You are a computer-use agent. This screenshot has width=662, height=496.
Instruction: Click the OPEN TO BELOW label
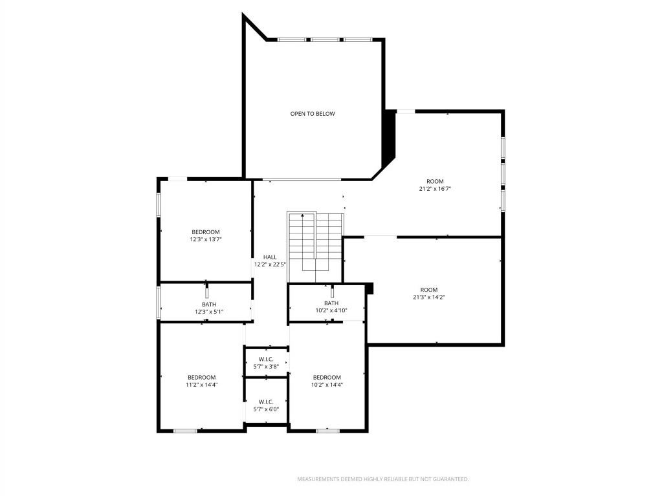tap(313, 114)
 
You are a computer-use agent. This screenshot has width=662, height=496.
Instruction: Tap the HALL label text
tap(270, 257)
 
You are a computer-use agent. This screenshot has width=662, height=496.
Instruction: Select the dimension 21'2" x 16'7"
tap(435, 189)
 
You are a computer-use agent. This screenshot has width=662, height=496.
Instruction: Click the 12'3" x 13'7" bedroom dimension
tap(205, 239)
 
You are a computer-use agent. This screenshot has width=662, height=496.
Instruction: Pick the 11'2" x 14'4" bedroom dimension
tap(202, 385)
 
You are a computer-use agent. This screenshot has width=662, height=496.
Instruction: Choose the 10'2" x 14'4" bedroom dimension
tap(327, 385)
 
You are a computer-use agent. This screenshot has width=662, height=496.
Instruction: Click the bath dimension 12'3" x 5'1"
tap(209, 312)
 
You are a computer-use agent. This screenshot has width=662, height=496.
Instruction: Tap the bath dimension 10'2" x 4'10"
tap(331, 310)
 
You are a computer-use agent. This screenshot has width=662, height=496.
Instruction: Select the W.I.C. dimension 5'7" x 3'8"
tap(266, 367)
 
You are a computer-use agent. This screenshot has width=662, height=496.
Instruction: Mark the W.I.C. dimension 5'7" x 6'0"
tap(266, 409)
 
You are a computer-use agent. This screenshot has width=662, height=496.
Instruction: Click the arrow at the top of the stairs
tap(302, 216)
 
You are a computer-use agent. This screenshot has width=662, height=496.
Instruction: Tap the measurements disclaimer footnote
tap(382, 479)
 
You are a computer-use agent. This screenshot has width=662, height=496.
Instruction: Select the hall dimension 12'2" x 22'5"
tap(270, 264)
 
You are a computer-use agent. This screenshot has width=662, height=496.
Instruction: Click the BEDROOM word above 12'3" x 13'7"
tap(205, 232)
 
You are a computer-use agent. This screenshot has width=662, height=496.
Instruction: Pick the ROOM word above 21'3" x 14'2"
tap(428, 290)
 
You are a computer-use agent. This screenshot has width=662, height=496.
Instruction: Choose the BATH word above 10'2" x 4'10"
tap(331, 303)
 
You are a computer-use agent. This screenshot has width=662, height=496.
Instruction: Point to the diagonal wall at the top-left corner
tap(255, 27)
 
